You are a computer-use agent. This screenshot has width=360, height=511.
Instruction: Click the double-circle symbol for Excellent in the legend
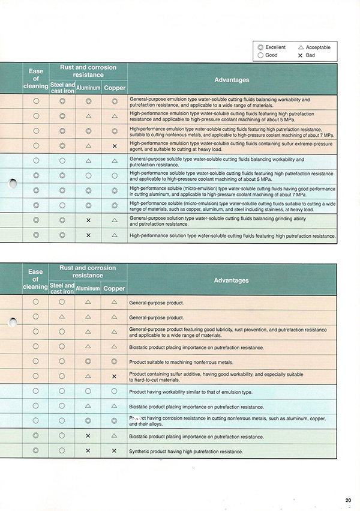pos(260,47)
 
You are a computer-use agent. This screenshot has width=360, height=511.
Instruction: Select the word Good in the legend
pos(271,55)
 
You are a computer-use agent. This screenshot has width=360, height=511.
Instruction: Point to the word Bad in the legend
pos(310,55)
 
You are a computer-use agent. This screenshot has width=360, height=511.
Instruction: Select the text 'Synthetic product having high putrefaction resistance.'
pos(186,451)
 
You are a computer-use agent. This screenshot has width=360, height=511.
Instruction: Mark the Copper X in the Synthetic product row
pos(114,450)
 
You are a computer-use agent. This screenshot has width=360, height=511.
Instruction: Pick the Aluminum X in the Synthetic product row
pos(88,450)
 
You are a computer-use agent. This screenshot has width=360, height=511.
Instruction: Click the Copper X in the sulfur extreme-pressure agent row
pos(114,146)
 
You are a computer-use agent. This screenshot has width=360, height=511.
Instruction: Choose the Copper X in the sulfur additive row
pos(114,376)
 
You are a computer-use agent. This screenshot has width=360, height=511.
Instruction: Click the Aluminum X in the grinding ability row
pos(88,220)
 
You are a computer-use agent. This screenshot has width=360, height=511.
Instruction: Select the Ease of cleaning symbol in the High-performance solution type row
pos(36,235)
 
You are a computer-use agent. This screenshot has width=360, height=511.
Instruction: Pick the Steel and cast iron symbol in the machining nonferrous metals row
pos(62,361)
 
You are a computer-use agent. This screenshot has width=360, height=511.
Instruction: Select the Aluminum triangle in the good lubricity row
pos(88,332)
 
